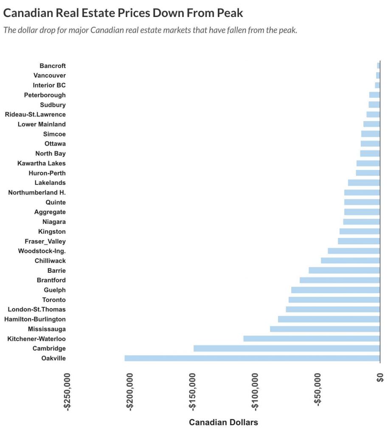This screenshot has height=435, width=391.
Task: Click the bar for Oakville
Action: (252, 358)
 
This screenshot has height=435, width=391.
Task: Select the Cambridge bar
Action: (287, 348)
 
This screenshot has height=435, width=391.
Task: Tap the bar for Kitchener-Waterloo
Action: (312, 339)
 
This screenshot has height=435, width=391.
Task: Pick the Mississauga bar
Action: (325, 329)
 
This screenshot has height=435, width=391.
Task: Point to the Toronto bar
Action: (334, 299)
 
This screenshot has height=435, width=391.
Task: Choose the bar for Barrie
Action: (344, 270)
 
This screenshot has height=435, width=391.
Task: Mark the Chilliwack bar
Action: (350, 260)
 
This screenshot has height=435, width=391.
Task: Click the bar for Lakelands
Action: (364, 183)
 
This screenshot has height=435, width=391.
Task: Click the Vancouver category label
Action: (50, 75)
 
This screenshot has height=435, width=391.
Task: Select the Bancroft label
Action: (53, 65)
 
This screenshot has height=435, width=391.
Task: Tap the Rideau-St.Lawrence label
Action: (35, 114)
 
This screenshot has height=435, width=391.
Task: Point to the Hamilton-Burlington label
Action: (35, 319)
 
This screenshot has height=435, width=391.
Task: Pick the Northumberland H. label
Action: (37, 192)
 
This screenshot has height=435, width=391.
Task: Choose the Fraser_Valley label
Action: (45, 241)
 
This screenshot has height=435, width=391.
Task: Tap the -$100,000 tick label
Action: (256, 390)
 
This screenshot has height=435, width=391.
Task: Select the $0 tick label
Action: (380, 378)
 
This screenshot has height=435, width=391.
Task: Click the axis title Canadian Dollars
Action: (223, 422)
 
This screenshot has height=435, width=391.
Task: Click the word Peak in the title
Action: (229, 13)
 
